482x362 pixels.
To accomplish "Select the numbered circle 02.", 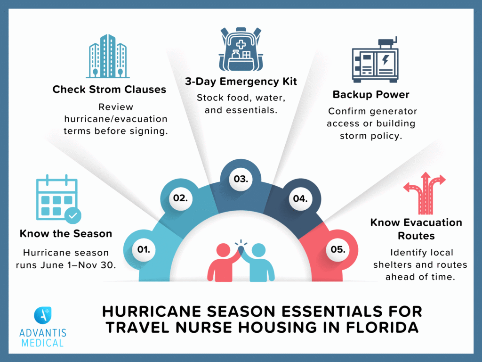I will point(180,198).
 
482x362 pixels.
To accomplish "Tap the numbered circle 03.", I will point(241,179).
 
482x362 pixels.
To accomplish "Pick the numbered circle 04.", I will point(300,198).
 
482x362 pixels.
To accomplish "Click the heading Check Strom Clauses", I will point(109,89).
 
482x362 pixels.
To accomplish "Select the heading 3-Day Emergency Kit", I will point(241,82).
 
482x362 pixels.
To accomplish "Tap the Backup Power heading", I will point(371,94).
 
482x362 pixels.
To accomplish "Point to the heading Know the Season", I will point(66,233).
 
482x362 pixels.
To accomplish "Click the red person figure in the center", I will point(223,262).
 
